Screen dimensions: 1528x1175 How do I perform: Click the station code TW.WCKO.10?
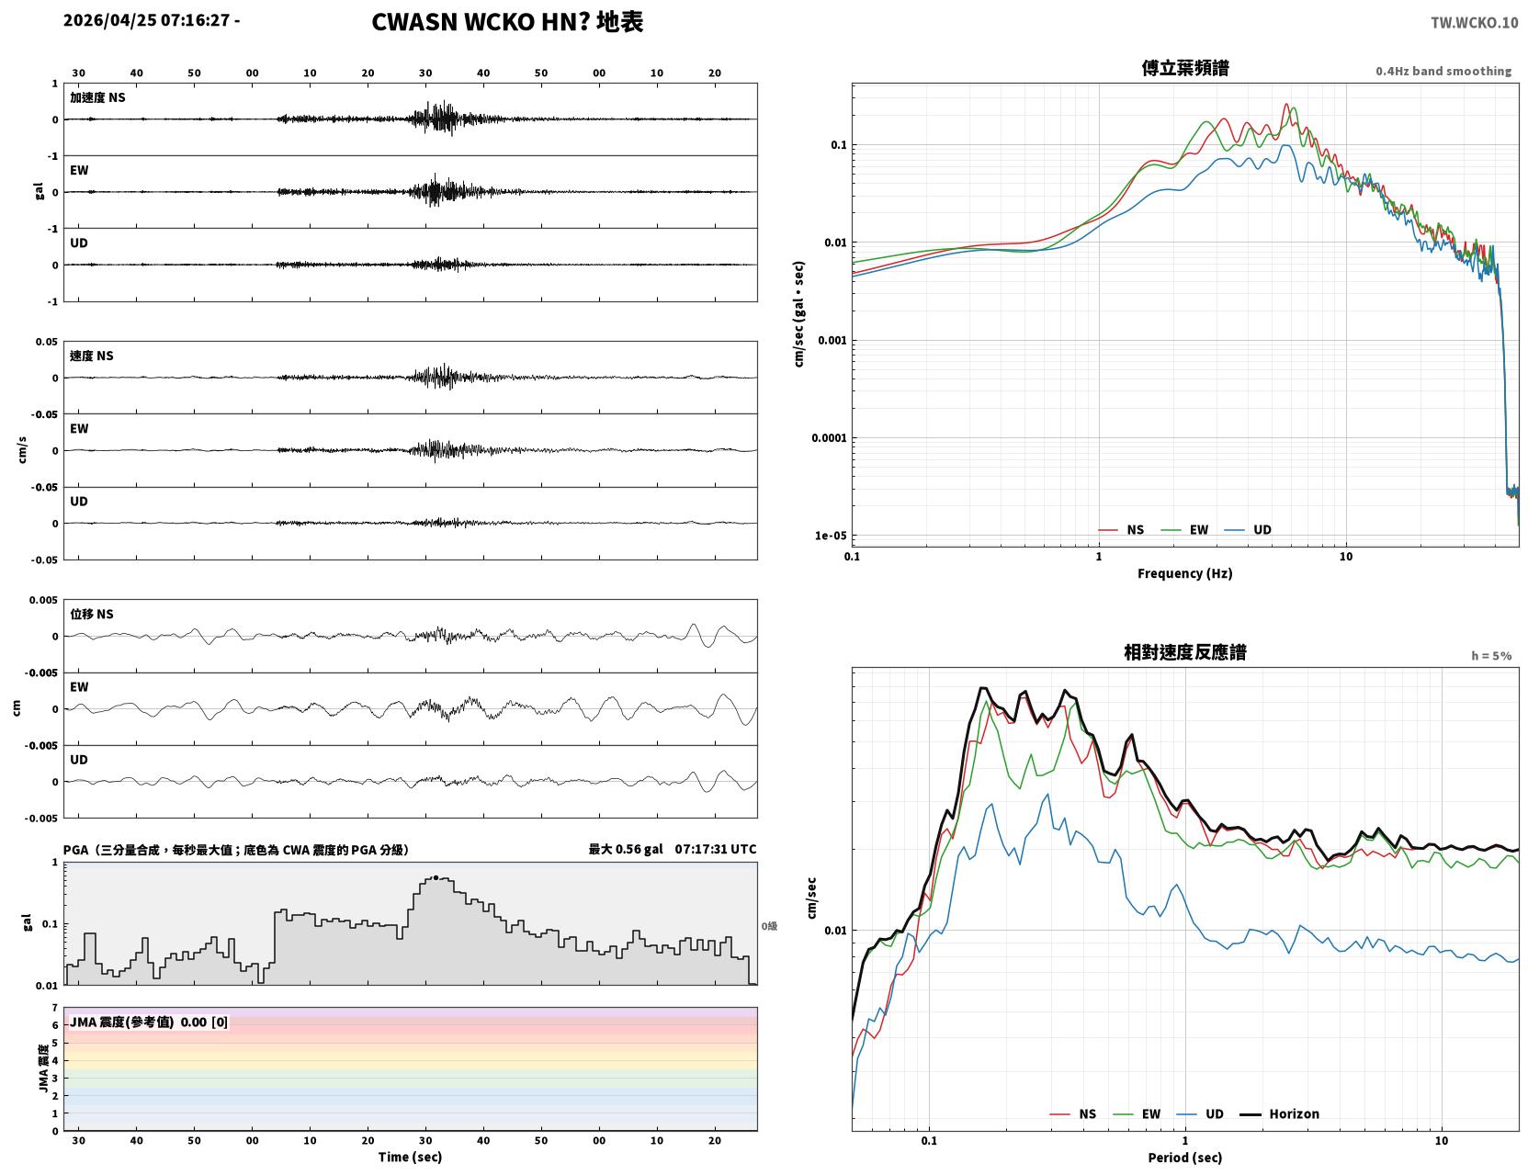coord(1474,22)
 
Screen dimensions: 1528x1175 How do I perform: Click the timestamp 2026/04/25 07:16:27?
coord(146,20)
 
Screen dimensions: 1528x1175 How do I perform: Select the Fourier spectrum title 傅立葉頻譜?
coord(1184,68)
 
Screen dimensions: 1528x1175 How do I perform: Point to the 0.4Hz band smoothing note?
coord(1443,71)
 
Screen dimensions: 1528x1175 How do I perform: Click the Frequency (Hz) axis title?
coord(1184,573)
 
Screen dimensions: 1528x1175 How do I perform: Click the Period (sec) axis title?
coord(1184,1158)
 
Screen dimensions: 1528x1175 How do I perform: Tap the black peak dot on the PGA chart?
coord(436,877)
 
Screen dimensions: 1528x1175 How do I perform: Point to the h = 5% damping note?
coord(1490,656)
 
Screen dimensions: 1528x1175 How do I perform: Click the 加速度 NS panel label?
coord(97,97)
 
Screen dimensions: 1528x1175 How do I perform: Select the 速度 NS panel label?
coord(91,356)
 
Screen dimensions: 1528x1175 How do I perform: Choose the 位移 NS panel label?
coord(91,615)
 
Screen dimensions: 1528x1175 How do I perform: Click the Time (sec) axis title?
coord(410,1157)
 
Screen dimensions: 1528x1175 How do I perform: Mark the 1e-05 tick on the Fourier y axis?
coord(831,536)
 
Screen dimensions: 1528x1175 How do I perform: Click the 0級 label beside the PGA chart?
coord(769,926)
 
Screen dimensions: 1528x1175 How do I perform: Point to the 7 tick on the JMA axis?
coord(55,1008)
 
